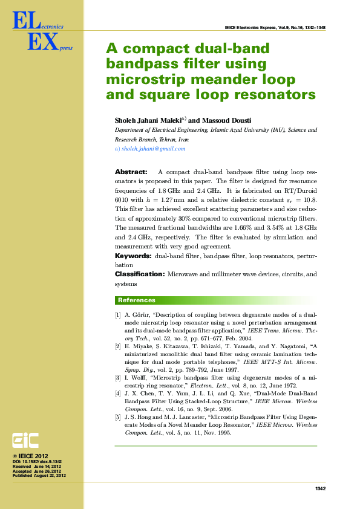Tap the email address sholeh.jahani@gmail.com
click(x=153, y=149)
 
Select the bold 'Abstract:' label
click(x=131, y=172)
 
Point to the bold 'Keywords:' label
click(x=133, y=256)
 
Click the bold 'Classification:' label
click(x=140, y=274)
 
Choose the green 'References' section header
click(x=137, y=300)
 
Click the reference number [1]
click(x=118, y=315)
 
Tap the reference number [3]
click(x=118, y=378)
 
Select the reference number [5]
click(x=118, y=417)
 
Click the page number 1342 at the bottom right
click(x=321, y=488)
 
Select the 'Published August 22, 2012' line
click(x=39, y=476)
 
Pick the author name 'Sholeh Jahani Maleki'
click(x=149, y=120)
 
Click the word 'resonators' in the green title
click(x=275, y=95)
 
